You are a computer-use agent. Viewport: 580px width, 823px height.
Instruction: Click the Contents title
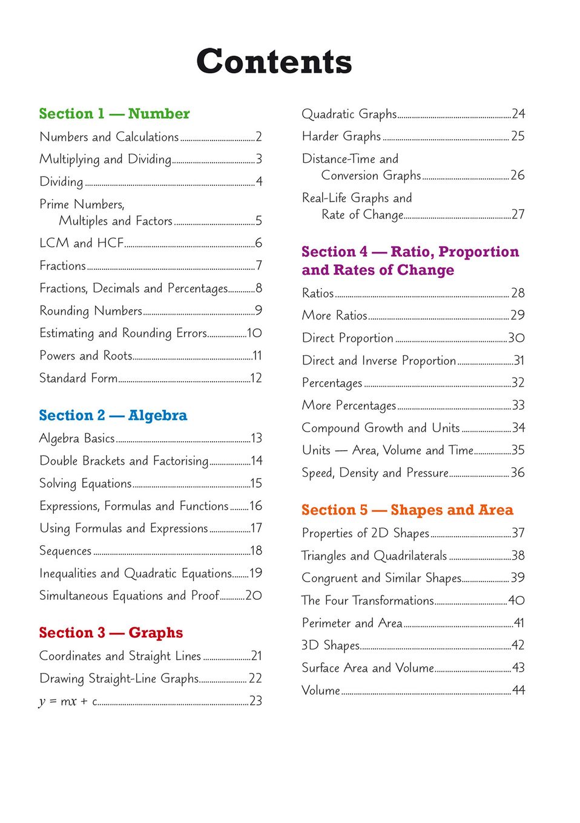pyautogui.click(x=274, y=62)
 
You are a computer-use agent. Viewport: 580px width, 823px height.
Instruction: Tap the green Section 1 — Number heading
pyautogui.click(x=114, y=114)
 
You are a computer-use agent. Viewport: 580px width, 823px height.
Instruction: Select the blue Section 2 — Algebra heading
pyautogui.click(x=113, y=415)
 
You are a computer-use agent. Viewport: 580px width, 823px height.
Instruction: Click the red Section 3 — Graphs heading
pyautogui.click(x=111, y=632)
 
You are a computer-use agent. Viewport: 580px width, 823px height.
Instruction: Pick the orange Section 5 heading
pyautogui.click(x=407, y=510)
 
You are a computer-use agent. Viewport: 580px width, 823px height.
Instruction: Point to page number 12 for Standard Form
pyautogui.click(x=256, y=378)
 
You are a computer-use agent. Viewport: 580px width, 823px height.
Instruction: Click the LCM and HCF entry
pyautogui.click(x=82, y=243)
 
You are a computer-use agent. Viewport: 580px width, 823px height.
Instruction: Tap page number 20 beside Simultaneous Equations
pyautogui.click(x=254, y=595)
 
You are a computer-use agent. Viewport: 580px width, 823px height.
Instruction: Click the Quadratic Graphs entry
pyautogui.click(x=349, y=114)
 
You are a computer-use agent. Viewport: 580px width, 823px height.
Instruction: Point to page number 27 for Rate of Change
pyautogui.click(x=518, y=214)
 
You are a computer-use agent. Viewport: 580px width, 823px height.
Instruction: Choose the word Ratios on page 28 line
pyautogui.click(x=318, y=293)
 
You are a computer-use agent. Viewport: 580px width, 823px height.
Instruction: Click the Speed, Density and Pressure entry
pyautogui.click(x=375, y=473)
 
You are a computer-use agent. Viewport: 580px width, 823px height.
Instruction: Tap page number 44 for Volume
pyautogui.click(x=518, y=690)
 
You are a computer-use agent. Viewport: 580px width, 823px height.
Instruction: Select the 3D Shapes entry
pyautogui.click(x=331, y=646)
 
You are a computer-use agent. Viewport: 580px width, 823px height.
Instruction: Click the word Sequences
pyautogui.click(x=65, y=551)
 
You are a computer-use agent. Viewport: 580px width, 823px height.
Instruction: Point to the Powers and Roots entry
pyautogui.click(x=86, y=356)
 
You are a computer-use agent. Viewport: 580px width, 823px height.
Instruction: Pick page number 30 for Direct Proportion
pyautogui.click(x=516, y=338)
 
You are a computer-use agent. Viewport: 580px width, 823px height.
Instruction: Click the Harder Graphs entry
pyautogui.click(x=341, y=137)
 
